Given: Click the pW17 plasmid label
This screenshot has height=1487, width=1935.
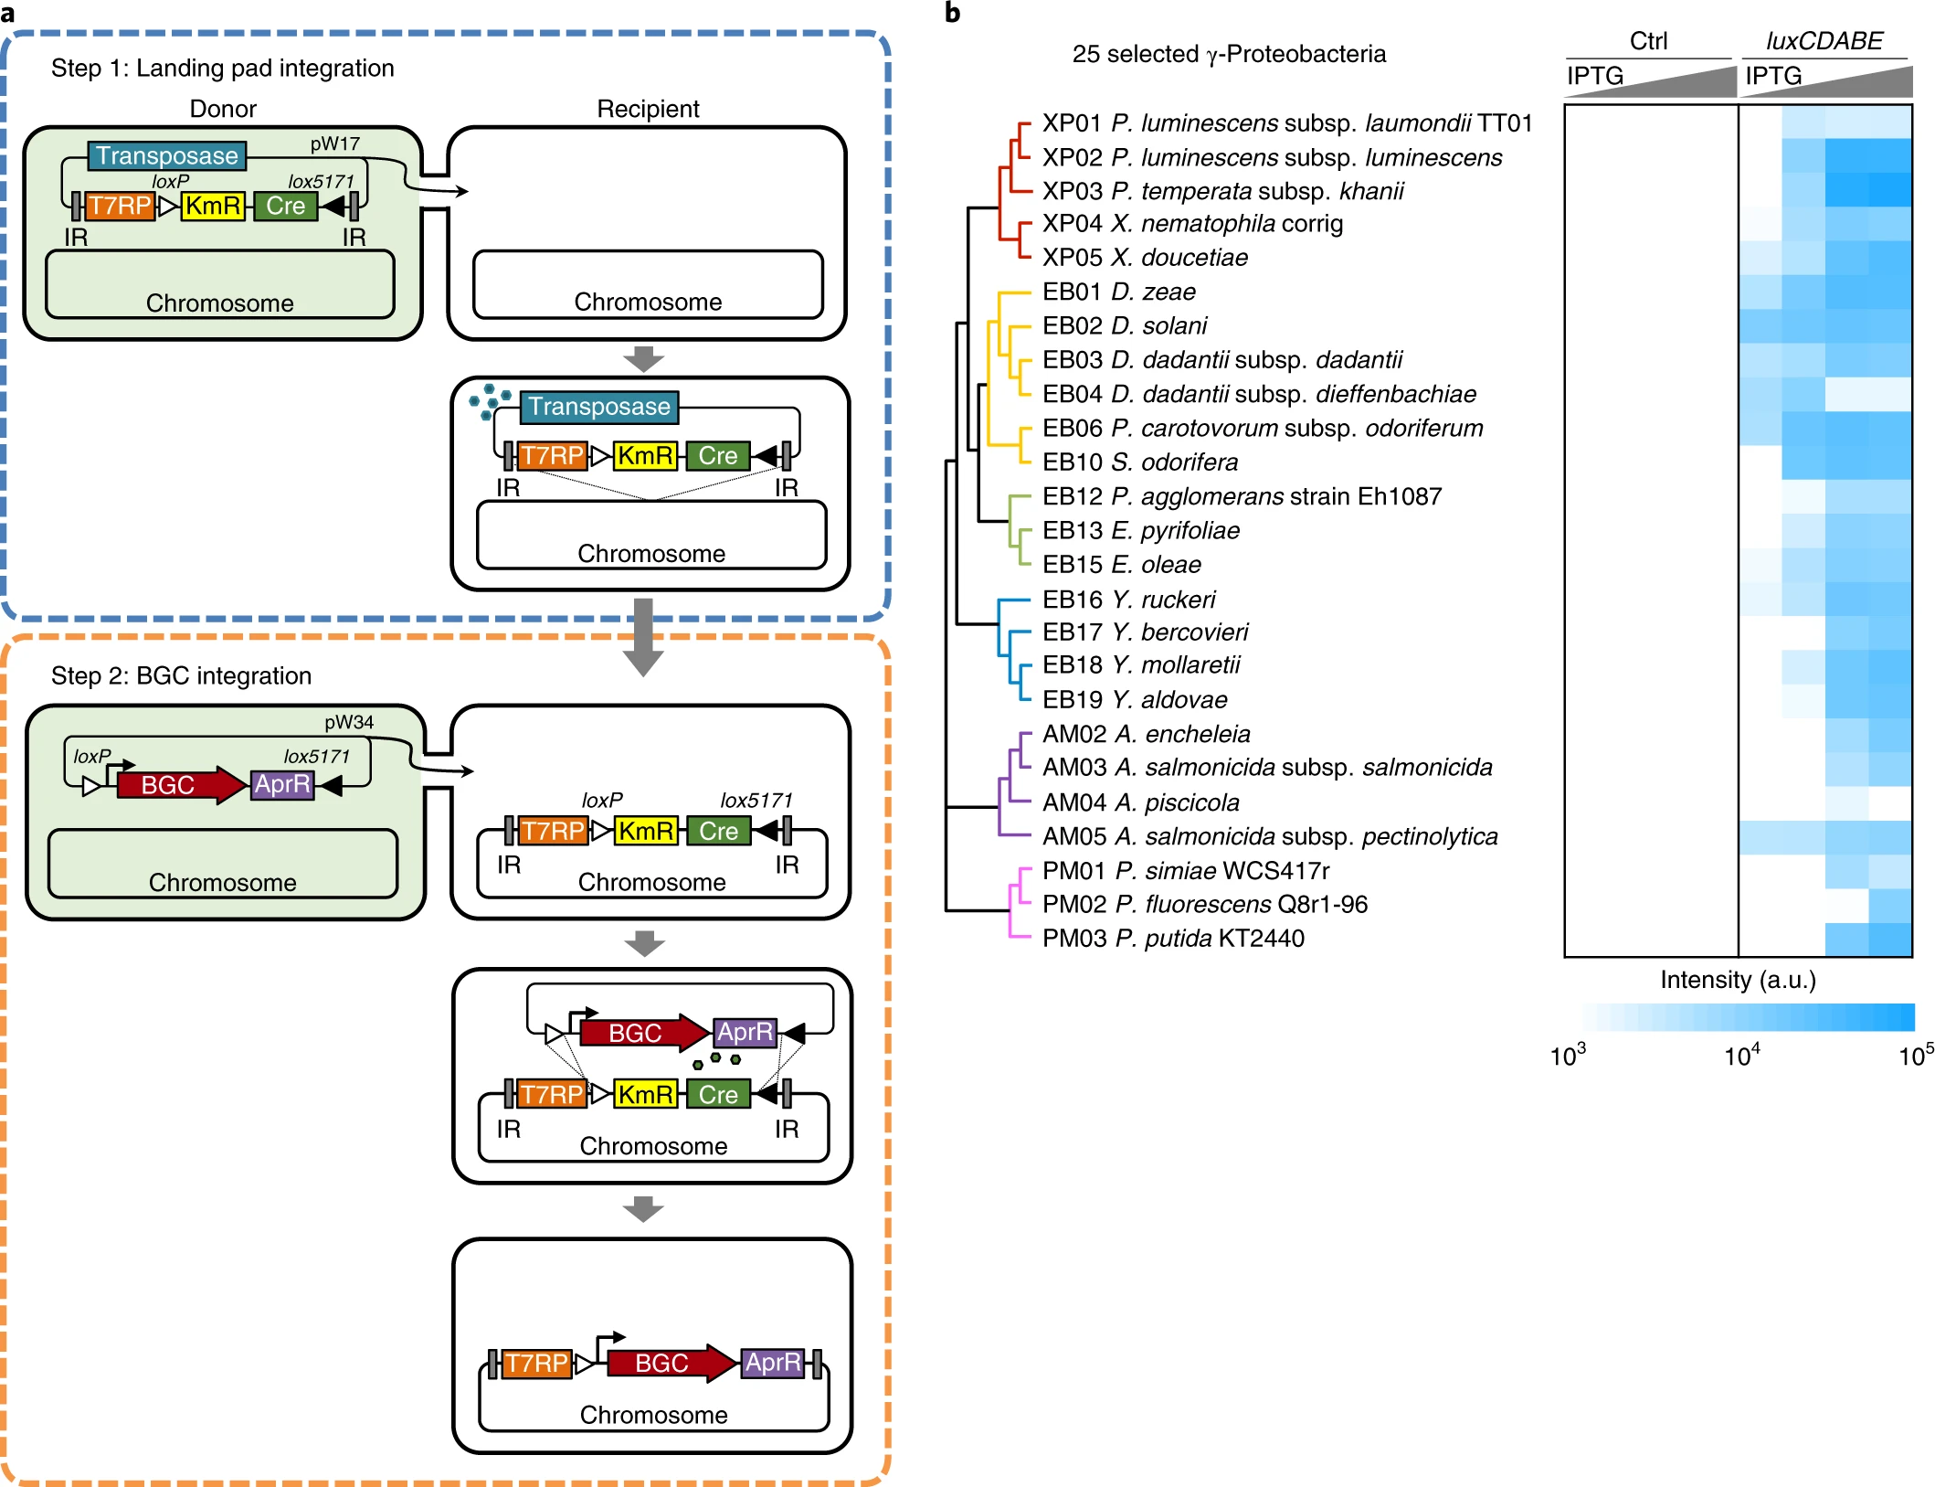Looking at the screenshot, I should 334,143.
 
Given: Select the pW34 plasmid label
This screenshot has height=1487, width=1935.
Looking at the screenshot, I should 349,722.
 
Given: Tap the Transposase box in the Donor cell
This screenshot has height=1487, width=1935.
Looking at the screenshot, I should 167,156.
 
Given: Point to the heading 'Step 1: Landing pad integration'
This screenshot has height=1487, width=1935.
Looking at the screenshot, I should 222,69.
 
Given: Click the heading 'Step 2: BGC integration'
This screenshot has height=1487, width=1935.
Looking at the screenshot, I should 181,675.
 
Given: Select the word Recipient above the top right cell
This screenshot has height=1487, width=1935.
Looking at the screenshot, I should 648,109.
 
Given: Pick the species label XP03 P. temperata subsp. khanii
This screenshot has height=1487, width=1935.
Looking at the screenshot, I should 1222,191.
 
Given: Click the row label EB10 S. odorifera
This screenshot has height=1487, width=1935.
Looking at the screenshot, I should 1139,462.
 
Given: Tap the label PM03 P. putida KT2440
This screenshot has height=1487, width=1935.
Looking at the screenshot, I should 1173,939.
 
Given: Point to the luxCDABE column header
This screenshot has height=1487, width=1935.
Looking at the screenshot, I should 1824,41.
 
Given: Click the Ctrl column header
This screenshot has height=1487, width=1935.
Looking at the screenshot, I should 1648,41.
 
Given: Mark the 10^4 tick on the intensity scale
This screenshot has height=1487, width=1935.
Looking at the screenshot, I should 1741,1057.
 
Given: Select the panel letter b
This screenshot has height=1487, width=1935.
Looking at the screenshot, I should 952,13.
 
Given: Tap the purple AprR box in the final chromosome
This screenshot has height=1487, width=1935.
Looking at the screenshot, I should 773,1363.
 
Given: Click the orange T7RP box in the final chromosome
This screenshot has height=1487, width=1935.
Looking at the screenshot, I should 536,1364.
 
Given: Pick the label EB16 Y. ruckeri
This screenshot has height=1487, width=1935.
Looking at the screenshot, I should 1128,600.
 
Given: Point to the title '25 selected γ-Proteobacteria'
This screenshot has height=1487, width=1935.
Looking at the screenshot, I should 1228,54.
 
